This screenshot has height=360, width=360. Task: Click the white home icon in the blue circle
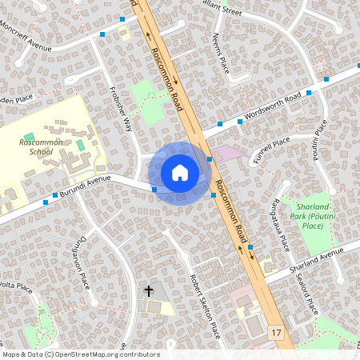click(180, 172)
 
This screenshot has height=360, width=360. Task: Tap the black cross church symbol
click(148, 291)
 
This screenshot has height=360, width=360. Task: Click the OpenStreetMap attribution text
click(80, 354)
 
